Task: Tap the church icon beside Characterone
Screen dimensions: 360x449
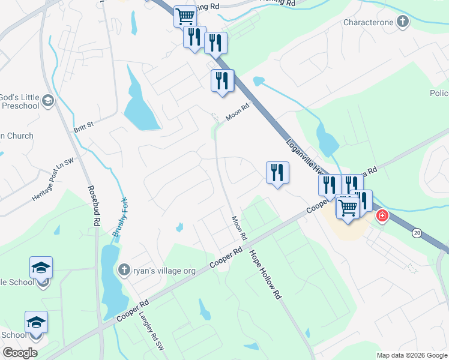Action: click(x=402, y=23)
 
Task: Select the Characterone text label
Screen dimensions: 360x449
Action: click(x=369, y=23)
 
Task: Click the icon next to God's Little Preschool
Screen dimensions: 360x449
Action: click(x=49, y=101)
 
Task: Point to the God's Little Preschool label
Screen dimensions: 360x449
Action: click(x=20, y=101)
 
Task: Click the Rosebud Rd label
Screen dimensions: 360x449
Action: click(x=93, y=205)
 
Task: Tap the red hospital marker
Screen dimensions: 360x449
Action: click(x=381, y=215)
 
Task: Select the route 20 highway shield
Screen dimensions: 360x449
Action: click(x=416, y=232)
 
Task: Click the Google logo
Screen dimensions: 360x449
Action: click(x=20, y=353)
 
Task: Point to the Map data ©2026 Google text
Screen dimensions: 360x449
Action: click(x=411, y=355)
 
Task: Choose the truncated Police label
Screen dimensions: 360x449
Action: click(x=439, y=93)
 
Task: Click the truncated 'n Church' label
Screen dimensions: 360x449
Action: click(x=17, y=136)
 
